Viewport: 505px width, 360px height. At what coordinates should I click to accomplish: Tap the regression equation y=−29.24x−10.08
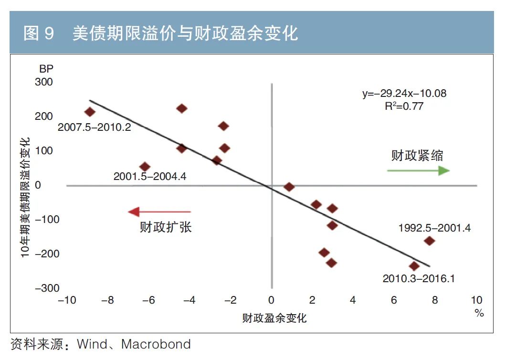[404, 94]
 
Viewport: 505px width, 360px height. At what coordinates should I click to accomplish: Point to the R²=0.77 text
[404, 106]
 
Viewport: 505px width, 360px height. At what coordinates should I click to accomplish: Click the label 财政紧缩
[417, 156]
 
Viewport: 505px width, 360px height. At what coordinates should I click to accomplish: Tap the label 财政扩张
[166, 227]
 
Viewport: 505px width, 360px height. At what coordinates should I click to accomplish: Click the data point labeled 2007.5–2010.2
[90, 112]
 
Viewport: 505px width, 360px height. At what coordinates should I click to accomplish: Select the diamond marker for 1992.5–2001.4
[429, 241]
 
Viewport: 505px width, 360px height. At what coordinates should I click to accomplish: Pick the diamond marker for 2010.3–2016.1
[414, 266]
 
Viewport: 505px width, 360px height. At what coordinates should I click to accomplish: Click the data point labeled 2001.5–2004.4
[145, 167]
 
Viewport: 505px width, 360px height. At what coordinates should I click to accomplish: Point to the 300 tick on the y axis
[44, 82]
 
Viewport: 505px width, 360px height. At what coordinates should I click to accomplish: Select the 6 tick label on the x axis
[394, 300]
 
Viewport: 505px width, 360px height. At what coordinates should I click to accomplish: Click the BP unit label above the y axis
[46, 68]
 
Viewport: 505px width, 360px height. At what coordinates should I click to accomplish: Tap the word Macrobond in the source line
[156, 344]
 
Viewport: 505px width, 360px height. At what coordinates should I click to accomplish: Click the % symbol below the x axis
[479, 313]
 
